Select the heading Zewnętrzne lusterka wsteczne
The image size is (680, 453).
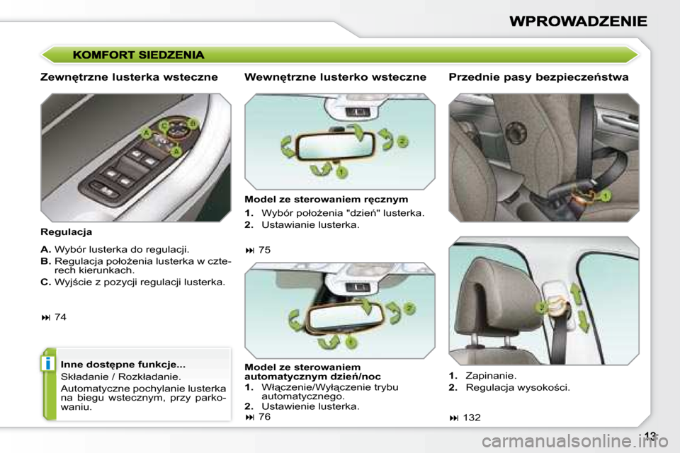coord(129,77)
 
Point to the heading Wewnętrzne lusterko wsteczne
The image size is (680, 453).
coord(335,77)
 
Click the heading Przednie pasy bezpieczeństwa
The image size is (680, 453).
coord(538,77)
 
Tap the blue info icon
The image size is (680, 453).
coord(47,364)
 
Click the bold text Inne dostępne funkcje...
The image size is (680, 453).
coord(123,364)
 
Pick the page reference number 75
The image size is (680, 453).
coord(264,249)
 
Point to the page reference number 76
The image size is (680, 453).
coord(264,417)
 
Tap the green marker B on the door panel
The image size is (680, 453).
coord(192,125)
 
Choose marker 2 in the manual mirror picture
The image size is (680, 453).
coord(402,142)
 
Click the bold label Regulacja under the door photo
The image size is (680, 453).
coord(67,231)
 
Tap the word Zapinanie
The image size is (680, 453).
coord(490,375)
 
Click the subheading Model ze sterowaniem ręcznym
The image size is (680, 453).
coord(326,200)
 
